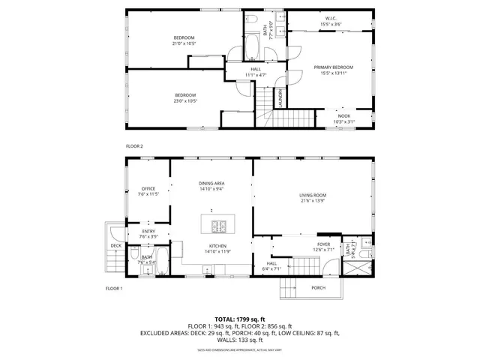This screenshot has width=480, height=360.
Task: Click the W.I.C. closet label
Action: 331,18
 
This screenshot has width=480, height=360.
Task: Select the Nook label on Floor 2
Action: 343,115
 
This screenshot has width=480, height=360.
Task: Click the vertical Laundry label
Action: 280,99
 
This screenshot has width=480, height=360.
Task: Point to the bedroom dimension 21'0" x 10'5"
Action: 184,43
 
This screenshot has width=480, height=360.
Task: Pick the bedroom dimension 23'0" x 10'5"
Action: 185,100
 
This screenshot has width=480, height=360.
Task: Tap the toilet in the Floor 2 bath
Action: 253,17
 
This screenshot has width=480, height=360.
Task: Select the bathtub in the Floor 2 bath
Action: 252,52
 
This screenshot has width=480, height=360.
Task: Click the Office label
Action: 148,188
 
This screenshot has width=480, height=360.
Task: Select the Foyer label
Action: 323,244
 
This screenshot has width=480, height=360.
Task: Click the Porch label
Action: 318,287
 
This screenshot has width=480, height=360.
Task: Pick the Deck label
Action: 116,245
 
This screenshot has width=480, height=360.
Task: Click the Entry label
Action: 148,231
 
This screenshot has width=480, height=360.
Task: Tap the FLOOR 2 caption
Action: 133,145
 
